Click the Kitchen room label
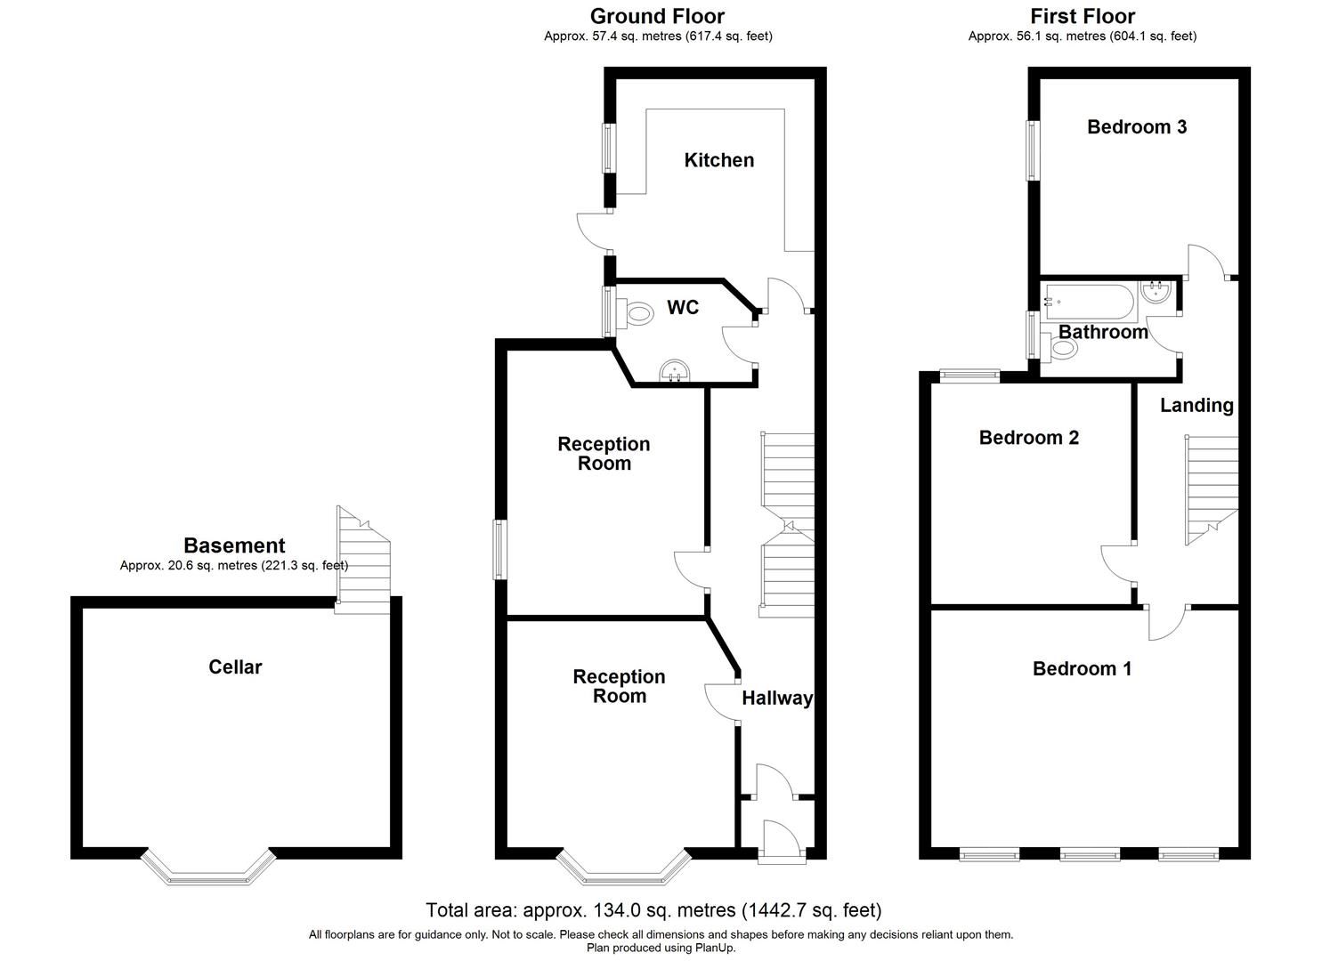[x=718, y=160]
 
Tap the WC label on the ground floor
[x=683, y=308]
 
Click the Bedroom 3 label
[x=1136, y=126]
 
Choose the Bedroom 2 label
[x=1028, y=438]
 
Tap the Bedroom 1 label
[x=1082, y=668]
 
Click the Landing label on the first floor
[x=1196, y=406]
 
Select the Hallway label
[x=777, y=699]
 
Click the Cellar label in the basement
[x=235, y=666]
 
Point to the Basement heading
[x=234, y=545]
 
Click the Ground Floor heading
[x=657, y=16]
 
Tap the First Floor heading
[x=1083, y=16]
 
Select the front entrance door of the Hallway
[x=780, y=841]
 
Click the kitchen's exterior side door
[x=595, y=231]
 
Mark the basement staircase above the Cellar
[x=363, y=561]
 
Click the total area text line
[x=653, y=910]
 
